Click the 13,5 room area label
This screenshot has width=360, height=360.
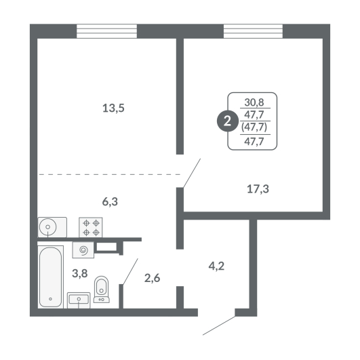(x=113, y=108)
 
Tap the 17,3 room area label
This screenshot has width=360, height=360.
(x=258, y=189)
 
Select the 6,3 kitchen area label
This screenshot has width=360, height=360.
(x=110, y=201)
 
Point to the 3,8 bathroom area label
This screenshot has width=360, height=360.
(x=80, y=273)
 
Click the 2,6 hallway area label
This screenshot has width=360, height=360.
(x=153, y=278)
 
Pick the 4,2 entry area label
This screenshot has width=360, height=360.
(x=216, y=266)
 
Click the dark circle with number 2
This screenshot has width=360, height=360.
(x=227, y=121)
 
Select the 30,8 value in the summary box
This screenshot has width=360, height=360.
(x=254, y=102)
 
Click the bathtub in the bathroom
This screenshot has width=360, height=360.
(x=51, y=277)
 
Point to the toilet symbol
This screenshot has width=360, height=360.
(x=102, y=289)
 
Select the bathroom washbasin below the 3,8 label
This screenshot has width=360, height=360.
(x=79, y=300)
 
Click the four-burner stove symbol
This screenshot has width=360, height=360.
(x=91, y=227)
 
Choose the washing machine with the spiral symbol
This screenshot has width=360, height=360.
(x=83, y=249)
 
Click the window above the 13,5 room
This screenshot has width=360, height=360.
(x=106, y=31)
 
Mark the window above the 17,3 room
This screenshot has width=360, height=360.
(x=254, y=31)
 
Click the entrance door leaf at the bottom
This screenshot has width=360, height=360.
(x=219, y=325)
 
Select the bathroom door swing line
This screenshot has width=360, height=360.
(x=130, y=272)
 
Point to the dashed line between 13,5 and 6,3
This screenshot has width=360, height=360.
(x=110, y=175)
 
